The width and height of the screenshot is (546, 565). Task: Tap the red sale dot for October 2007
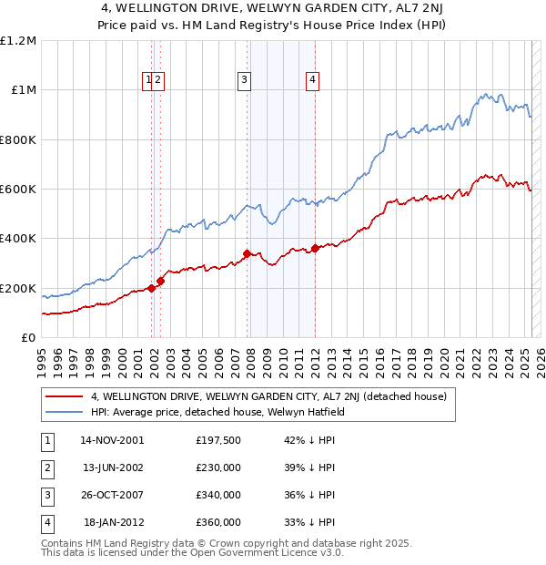[x=247, y=253]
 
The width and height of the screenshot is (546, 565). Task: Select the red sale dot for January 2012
[x=315, y=248]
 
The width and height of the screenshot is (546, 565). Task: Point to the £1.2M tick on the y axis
[x=18, y=41]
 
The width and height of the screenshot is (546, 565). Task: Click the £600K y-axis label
[x=18, y=190]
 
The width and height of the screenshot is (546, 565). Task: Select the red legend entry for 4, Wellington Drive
[x=268, y=396]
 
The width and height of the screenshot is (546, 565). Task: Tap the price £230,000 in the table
[x=218, y=467]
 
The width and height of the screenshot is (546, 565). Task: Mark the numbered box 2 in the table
[x=47, y=467]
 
